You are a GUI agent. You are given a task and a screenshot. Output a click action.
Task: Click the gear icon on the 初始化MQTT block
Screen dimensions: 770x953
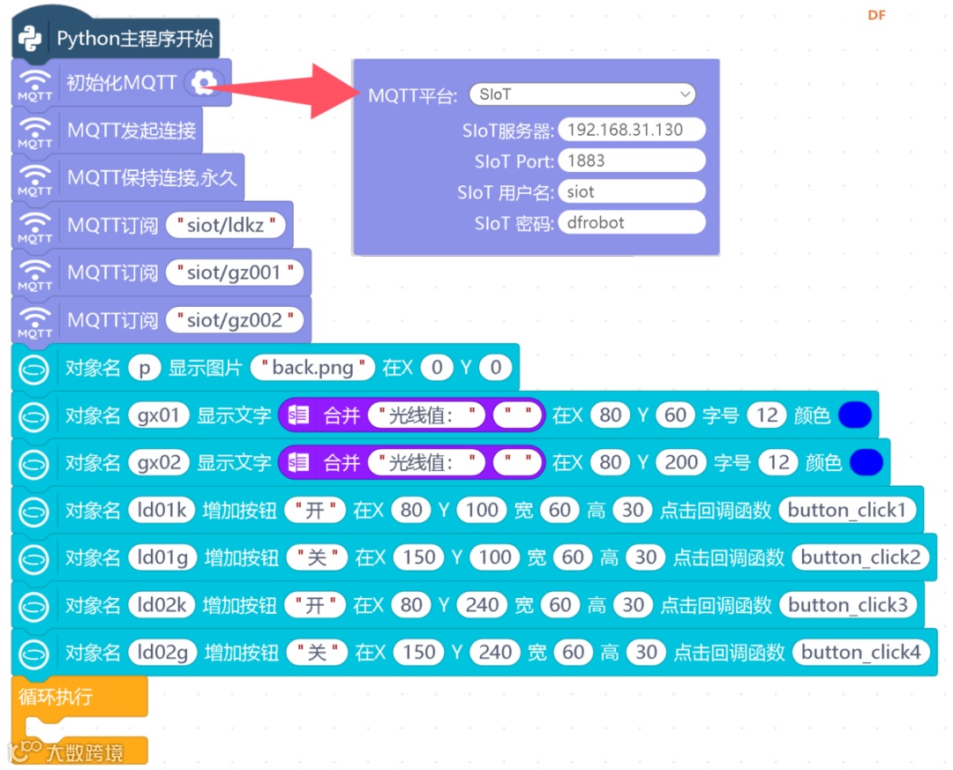tap(204, 84)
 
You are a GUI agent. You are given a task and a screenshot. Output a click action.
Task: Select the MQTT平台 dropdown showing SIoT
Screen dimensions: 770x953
tap(582, 94)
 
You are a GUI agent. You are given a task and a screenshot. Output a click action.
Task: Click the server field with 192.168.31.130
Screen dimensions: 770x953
tap(631, 130)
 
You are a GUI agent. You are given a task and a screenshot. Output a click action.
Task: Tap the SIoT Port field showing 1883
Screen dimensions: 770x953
tap(631, 161)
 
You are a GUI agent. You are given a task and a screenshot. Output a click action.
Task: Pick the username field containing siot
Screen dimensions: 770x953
tap(631, 191)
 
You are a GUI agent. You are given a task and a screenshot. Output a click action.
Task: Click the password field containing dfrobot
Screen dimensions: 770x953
tap(631, 222)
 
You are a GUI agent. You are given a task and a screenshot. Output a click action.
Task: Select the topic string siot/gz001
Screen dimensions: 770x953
tap(235, 273)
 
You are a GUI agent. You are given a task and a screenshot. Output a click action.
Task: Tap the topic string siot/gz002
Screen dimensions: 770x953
tap(235, 320)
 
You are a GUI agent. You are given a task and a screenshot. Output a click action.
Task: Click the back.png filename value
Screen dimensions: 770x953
tap(313, 368)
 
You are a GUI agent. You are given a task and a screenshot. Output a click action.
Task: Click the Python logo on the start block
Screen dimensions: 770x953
tap(32, 39)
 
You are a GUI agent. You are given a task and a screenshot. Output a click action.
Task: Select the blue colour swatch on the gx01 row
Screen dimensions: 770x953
tap(855, 415)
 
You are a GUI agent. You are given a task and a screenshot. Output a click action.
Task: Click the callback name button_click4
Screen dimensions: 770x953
tap(860, 653)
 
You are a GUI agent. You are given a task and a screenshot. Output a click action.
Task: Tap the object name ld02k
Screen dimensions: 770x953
tap(158, 605)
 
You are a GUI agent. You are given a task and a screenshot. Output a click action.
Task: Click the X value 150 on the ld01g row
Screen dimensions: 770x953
tap(418, 557)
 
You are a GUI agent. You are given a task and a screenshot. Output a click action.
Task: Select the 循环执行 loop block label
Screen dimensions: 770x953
tap(56, 697)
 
